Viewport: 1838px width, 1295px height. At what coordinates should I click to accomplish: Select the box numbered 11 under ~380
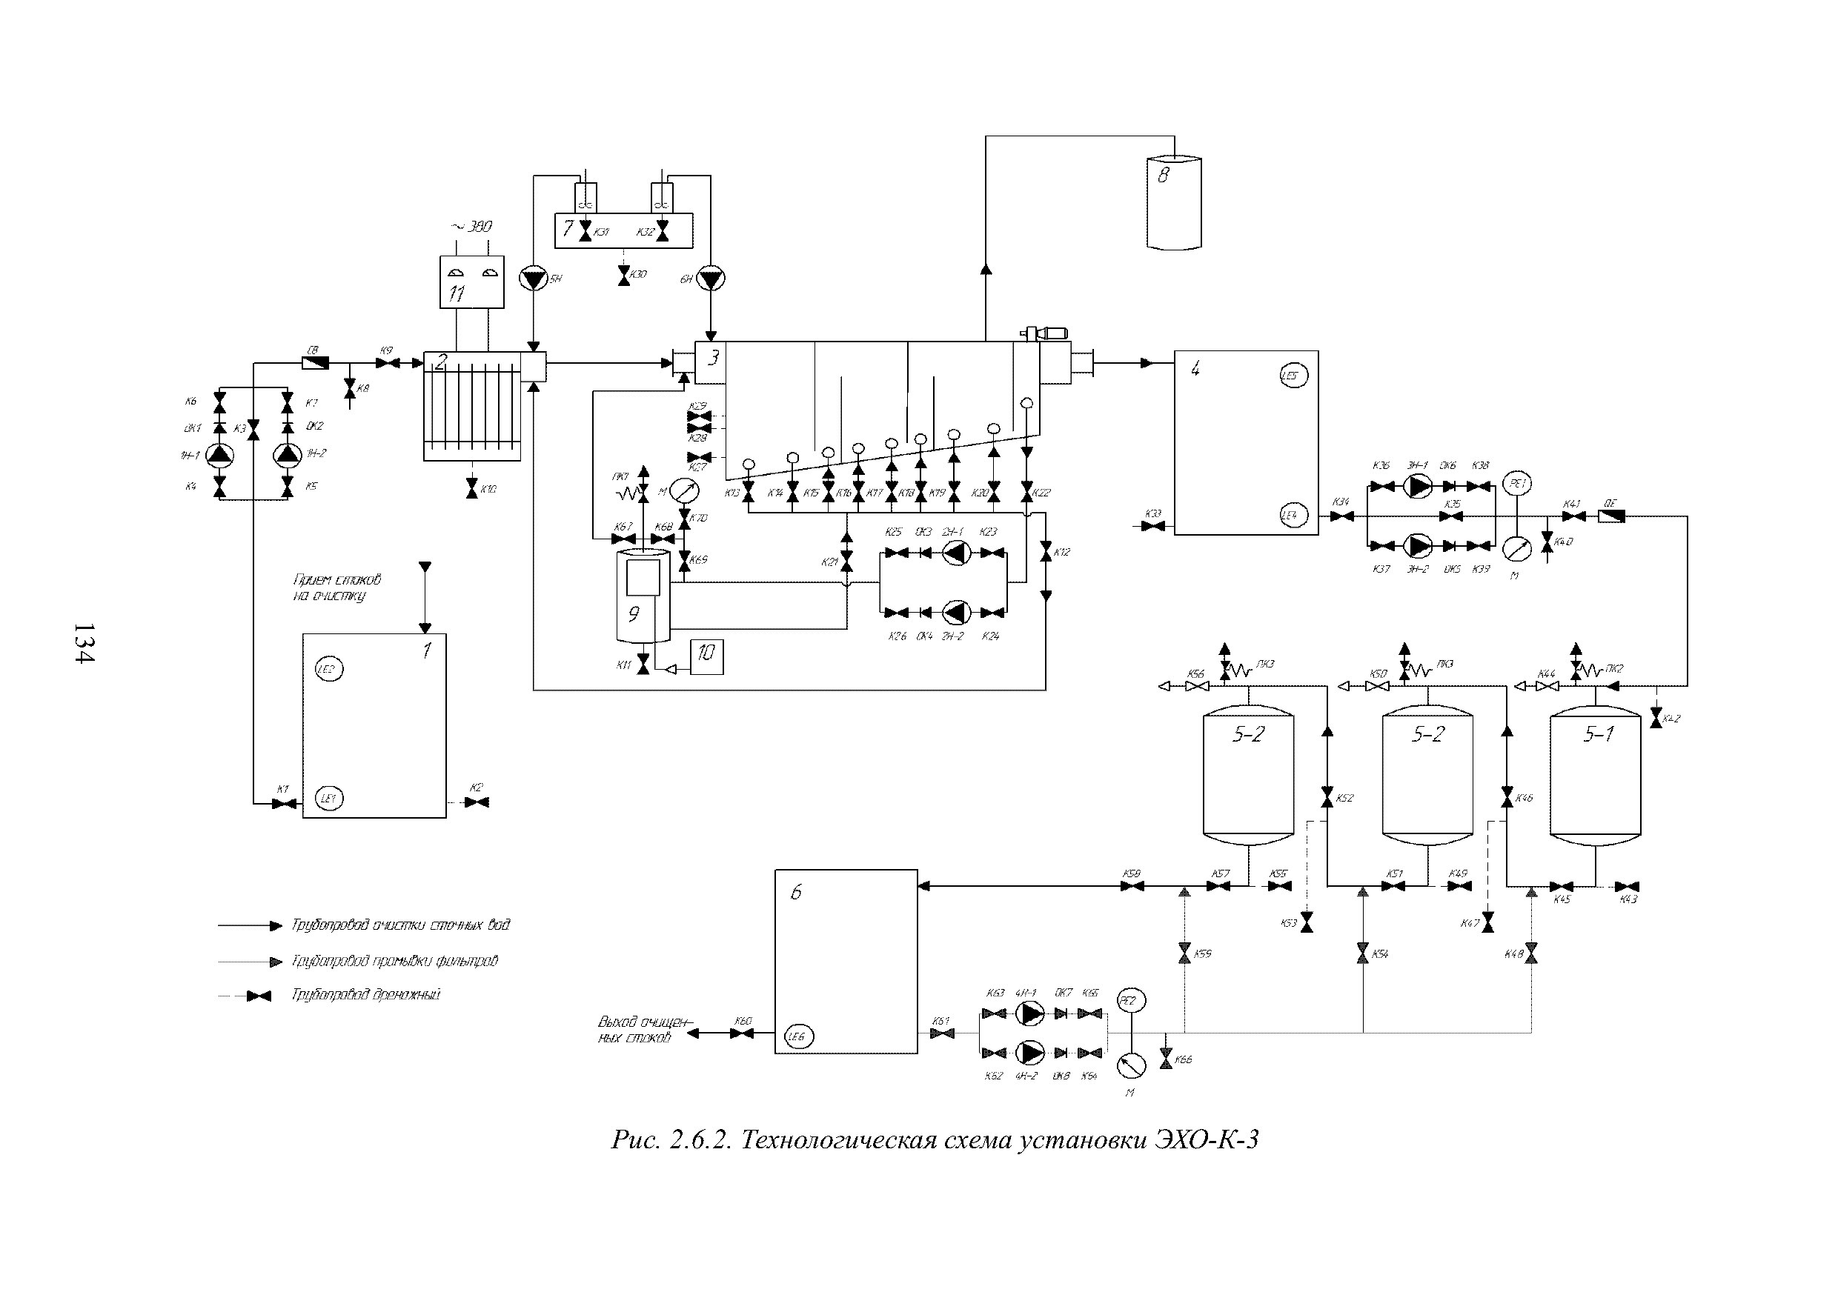coord(472,282)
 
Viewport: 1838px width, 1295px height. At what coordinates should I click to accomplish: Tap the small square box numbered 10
coord(706,657)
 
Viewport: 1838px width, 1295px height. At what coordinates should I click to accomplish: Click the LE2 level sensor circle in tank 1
coord(329,669)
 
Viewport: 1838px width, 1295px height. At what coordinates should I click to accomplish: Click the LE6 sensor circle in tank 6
coord(798,1036)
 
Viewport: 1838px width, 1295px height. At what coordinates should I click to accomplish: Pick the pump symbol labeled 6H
coord(710,279)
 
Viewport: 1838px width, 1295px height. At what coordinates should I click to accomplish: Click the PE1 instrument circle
coord(1518,484)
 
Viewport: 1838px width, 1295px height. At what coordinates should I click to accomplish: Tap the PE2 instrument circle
coord(1130,1000)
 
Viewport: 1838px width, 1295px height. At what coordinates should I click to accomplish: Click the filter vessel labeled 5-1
coord(1595,776)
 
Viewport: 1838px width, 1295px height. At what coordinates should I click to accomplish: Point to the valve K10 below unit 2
coord(471,489)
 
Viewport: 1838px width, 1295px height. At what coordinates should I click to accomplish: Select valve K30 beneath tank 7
coord(623,276)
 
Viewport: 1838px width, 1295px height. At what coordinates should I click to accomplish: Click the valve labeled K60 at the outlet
coord(742,1033)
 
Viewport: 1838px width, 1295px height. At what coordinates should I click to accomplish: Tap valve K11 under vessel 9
coord(643,665)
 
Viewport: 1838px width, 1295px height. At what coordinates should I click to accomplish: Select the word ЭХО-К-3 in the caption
coord(1207,1139)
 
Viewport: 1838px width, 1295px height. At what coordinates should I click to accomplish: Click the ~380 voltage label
coord(472,227)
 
